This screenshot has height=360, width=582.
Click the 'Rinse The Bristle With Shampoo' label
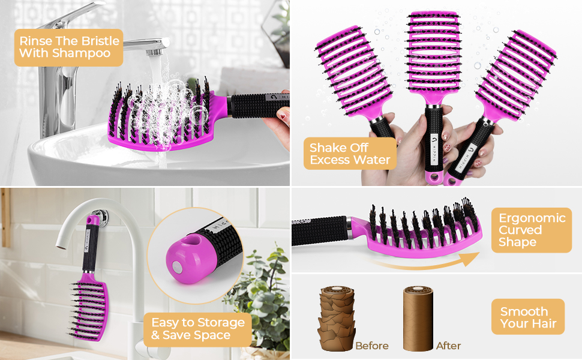tap(68, 47)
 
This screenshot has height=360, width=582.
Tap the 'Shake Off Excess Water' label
tap(350, 154)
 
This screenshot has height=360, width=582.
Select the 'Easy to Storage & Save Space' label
tap(197, 329)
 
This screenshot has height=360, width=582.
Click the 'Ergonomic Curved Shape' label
tap(532, 230)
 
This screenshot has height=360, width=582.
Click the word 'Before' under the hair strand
tap(371, 346)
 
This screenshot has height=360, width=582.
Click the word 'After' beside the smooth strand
tap(448, 346)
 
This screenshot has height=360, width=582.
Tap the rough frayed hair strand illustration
tap(337, 318)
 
